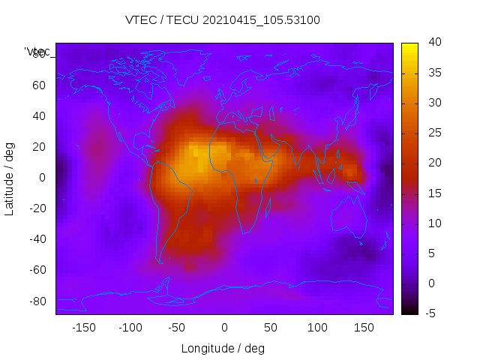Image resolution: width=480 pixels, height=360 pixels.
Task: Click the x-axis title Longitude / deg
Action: coord(223,348)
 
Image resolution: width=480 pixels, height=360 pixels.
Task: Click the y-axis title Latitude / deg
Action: coord(10,177)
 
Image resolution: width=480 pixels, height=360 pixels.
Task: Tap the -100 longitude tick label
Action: coord(130,328)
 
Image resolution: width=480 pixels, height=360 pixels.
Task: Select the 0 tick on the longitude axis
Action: coord(223,328)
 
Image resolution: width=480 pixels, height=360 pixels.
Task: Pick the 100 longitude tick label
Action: coord(316,328)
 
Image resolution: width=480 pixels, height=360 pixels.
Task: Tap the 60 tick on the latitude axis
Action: coord(39,85)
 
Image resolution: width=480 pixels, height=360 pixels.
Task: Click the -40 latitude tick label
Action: coord(37,239)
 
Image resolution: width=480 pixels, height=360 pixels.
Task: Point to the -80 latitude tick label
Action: coord(37,301)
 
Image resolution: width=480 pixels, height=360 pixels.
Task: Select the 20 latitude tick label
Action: coord(39,147)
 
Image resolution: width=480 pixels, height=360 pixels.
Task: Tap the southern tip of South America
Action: coord(160,262)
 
